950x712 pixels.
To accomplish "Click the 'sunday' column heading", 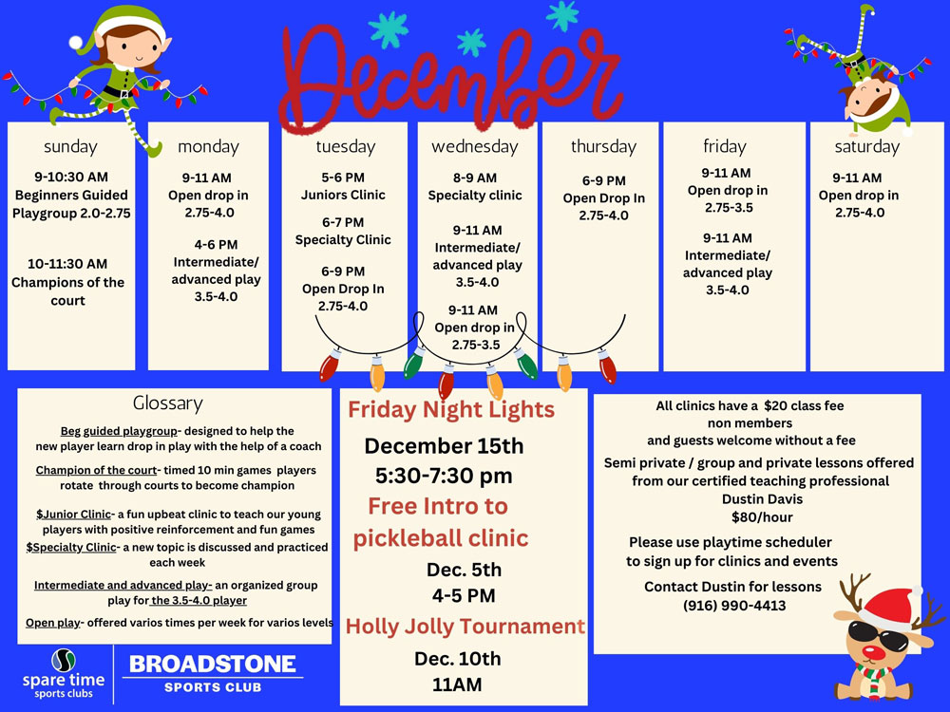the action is (x=70, y=146).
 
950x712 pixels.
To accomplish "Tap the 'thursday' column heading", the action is (x=603, y=146).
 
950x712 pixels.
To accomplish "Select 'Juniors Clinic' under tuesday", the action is (x=343, y=195).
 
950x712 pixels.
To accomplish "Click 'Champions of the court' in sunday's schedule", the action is (x=67, y=291).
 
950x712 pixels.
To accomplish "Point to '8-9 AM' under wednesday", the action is (x=475, y=178).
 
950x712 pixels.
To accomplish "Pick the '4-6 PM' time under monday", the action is (x=216, y=245).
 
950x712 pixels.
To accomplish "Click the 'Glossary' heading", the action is (x=168, y=403).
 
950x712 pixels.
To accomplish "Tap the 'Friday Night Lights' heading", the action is (x=451, y=410).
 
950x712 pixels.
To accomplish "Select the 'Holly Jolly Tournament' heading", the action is (x=465, y=626).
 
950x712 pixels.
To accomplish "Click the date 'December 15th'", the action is (x=444, y=446).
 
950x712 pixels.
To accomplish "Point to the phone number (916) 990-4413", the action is (x=734, y=606).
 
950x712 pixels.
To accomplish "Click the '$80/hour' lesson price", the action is (x=762, y=517).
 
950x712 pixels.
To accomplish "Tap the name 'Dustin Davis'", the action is (x=762, y=499).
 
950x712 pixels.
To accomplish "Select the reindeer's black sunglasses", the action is (x=877, y=635).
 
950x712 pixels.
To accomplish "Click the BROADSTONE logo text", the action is (x=213, y=665).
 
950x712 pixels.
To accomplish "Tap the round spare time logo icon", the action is (x=63, y=661).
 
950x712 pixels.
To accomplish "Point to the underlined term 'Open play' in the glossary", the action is (x=52, y=623).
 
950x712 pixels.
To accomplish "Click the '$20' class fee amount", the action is (x=777, y=405).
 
